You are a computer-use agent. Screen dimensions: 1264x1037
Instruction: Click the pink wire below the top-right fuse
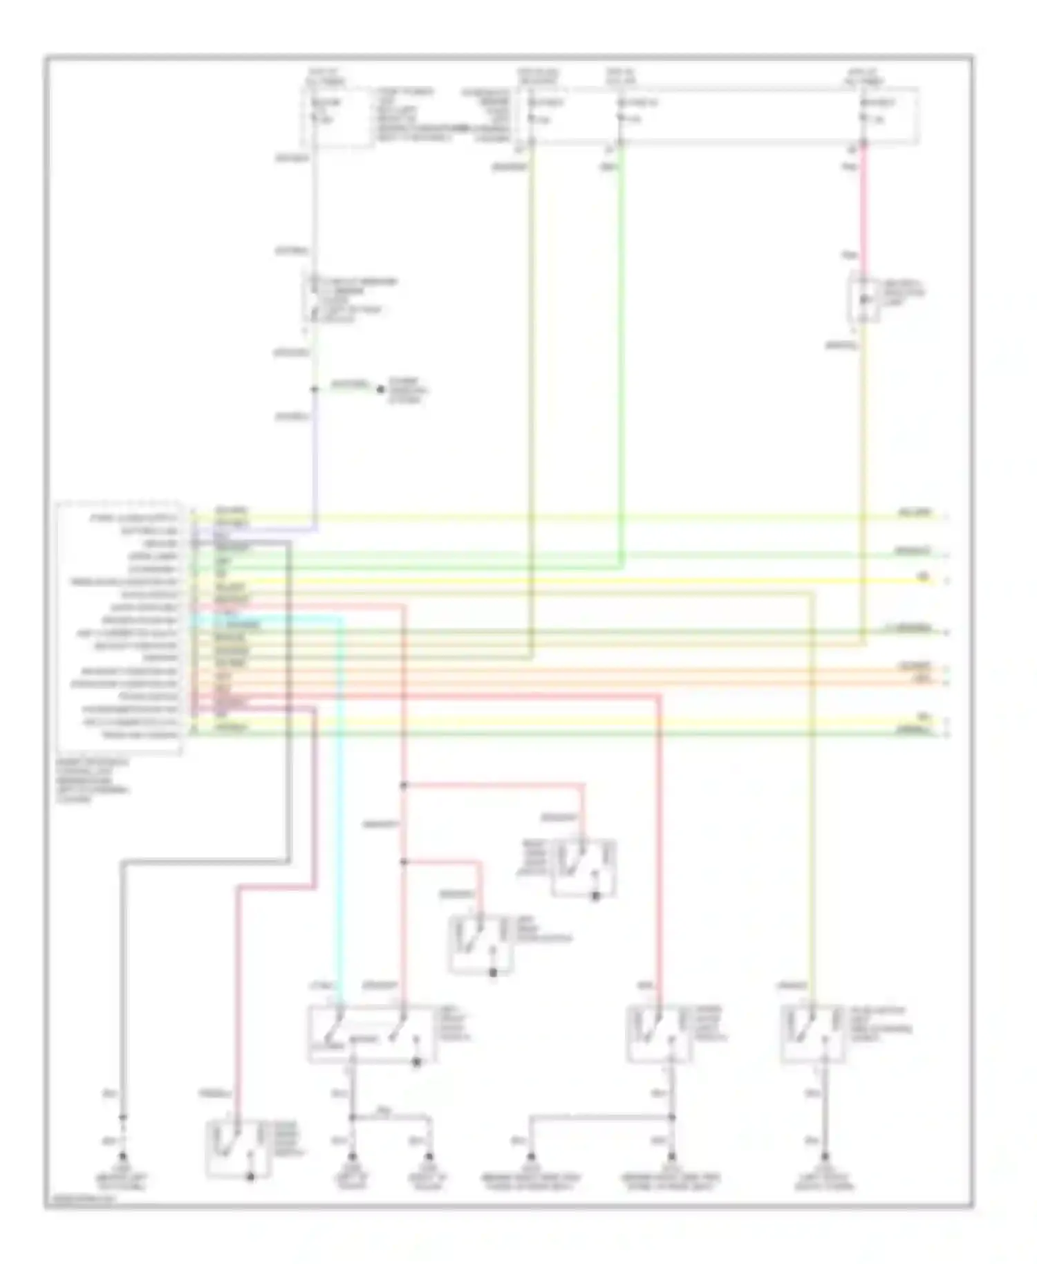863,207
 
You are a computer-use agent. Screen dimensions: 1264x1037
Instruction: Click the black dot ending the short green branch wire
380,389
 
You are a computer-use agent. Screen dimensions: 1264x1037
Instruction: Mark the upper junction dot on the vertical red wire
403,785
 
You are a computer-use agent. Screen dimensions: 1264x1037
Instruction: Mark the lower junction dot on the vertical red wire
403,862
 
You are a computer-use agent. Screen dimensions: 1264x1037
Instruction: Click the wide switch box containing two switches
372,1033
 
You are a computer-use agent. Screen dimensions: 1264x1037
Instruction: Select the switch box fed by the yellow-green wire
812,1033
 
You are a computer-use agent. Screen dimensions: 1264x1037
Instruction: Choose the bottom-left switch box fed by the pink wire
238,1148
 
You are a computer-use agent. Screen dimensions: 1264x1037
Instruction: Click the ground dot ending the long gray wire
123,1155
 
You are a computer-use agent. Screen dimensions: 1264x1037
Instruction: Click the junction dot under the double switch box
352,1117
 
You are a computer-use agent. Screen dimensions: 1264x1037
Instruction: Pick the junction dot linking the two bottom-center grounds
671,1117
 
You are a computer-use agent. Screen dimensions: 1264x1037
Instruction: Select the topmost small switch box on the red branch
583,868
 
